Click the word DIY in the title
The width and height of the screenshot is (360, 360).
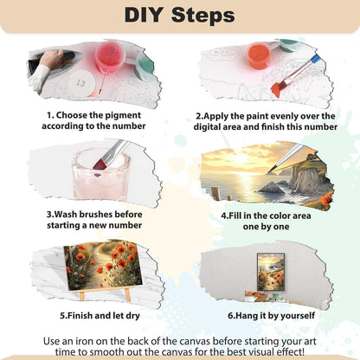pos(144,15)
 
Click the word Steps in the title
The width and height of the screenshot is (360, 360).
pos(203,15)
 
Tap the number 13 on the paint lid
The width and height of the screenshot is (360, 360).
pos(80,83)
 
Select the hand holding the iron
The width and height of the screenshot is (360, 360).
pos(52,59)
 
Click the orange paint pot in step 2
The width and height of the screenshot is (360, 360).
pos(260,55)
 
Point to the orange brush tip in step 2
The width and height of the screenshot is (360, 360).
pos(279,88)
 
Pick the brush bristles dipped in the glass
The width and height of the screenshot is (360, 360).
pos(100,164)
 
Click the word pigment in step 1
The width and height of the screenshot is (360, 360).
pos(123,115)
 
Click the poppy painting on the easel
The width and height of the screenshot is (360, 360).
pos(103,264)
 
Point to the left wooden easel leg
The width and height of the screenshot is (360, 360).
pos(82,296)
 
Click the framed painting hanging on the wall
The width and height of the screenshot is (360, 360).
pos(271,272)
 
